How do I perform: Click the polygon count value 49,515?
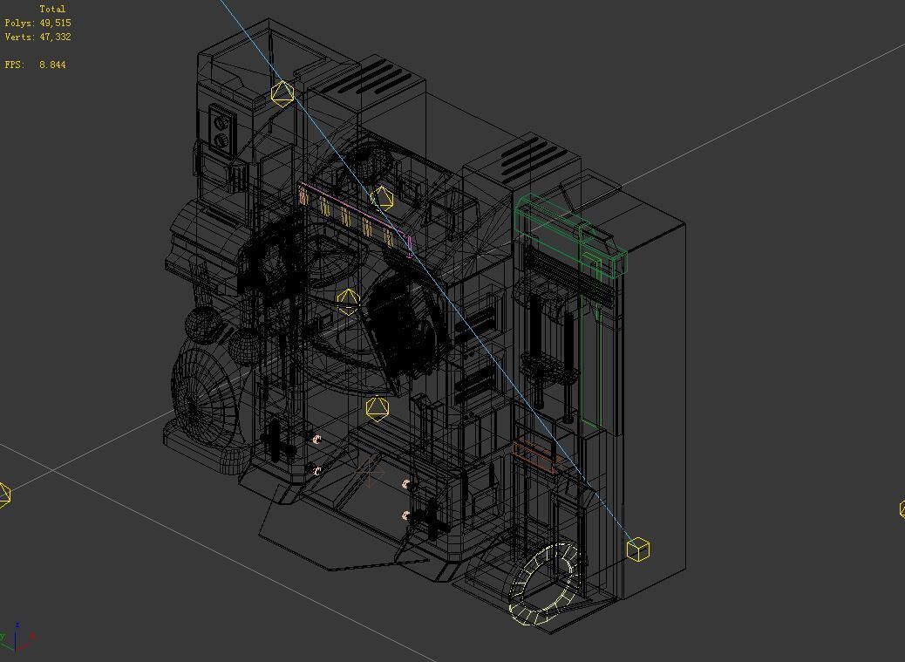[55, 23]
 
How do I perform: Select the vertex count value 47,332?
[55, 37]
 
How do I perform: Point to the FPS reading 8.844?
[52, 65]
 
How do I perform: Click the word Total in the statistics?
[52, 9]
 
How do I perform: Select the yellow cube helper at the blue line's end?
[638, 549]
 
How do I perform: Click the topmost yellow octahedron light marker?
[282, 92]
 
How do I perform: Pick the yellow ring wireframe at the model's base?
[544, 583]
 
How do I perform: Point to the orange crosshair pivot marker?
[370, 473]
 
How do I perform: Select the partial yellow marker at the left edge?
[4, 495]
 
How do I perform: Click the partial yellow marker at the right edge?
[902, 508]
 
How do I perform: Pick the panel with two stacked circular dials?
[221, 128]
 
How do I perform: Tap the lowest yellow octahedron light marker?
[377, 408]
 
